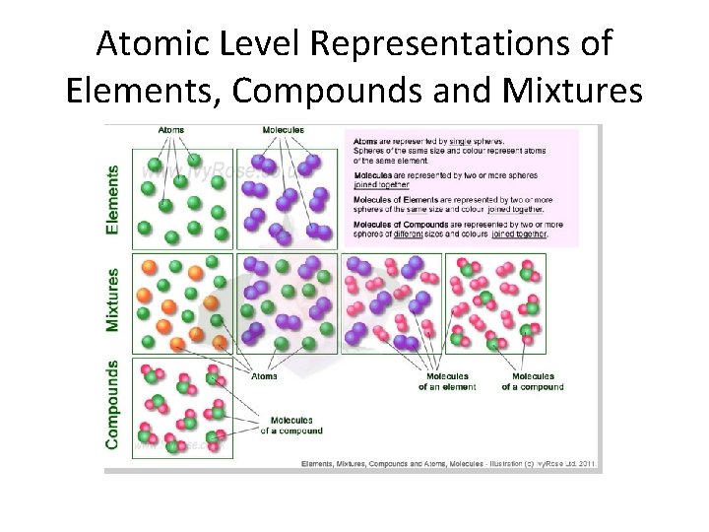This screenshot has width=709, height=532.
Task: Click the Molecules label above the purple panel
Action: click(284, 130)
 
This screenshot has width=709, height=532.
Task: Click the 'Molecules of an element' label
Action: click(448, 381)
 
